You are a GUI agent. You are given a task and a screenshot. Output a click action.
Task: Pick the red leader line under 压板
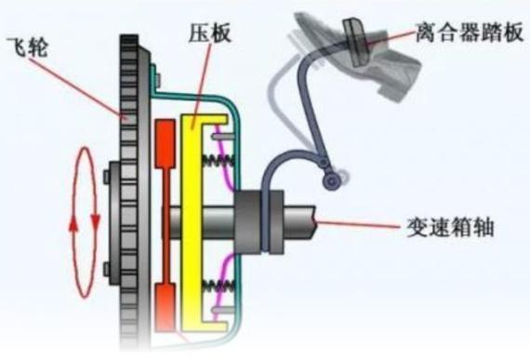198,87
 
